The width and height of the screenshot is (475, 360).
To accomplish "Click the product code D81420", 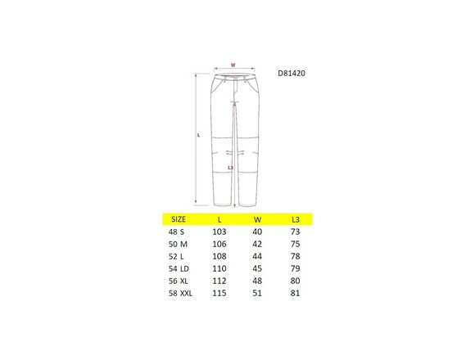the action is coord(292,73).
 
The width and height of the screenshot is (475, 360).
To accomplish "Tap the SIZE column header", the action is coord(179,219).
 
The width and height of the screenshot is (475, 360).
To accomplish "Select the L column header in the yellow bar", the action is coord(219,220).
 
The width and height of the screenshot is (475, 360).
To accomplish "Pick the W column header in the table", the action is coord(257,220).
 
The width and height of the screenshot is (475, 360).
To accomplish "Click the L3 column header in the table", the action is coord(296,220).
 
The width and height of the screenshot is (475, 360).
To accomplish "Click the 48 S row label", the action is coord(176,232).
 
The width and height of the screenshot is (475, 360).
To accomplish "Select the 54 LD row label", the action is coord(179,268).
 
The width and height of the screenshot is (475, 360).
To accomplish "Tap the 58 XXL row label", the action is coord(180,293).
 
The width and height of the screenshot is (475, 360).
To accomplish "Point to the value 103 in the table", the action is coord(219,232).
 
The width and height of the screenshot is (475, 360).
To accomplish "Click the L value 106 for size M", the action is coord(219,244).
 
